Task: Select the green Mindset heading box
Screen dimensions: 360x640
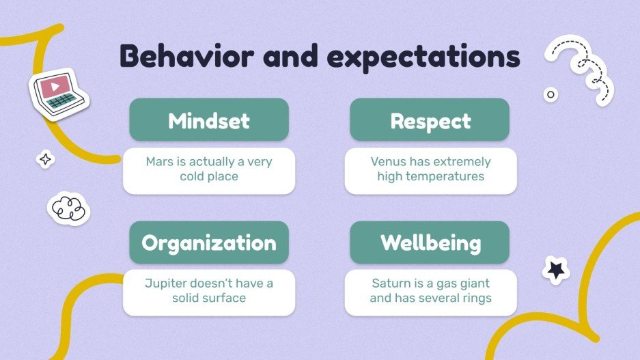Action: click(209, 120)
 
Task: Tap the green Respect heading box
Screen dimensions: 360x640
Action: click(430, 121)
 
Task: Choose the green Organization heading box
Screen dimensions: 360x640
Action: click(209, 243)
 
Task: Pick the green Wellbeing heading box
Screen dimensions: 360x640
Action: click(430, 243)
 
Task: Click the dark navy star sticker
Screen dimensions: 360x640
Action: click(556, 271)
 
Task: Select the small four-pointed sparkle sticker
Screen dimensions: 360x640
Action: click(46, 159)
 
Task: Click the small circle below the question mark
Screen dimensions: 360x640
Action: click(550, 94)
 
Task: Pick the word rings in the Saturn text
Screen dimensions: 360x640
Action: click(475, 298)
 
